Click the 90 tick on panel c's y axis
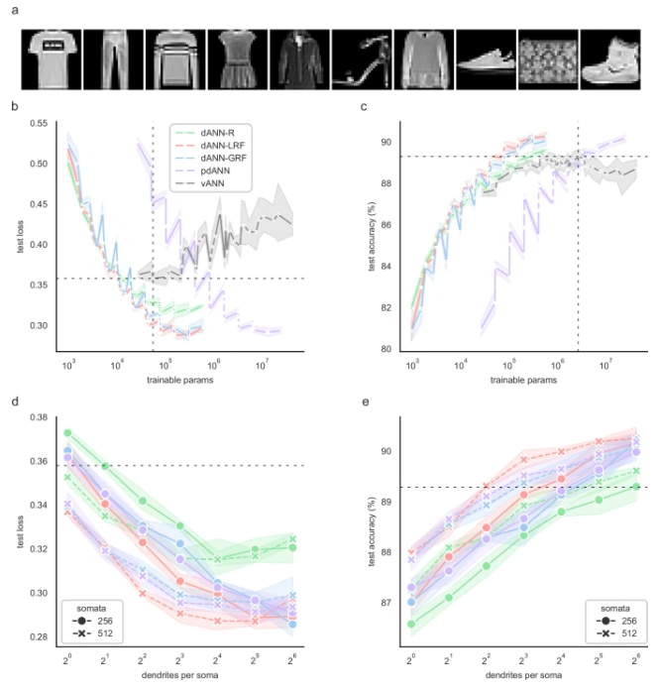[x=387, y=143]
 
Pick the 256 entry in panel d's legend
[x=104, y=620]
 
